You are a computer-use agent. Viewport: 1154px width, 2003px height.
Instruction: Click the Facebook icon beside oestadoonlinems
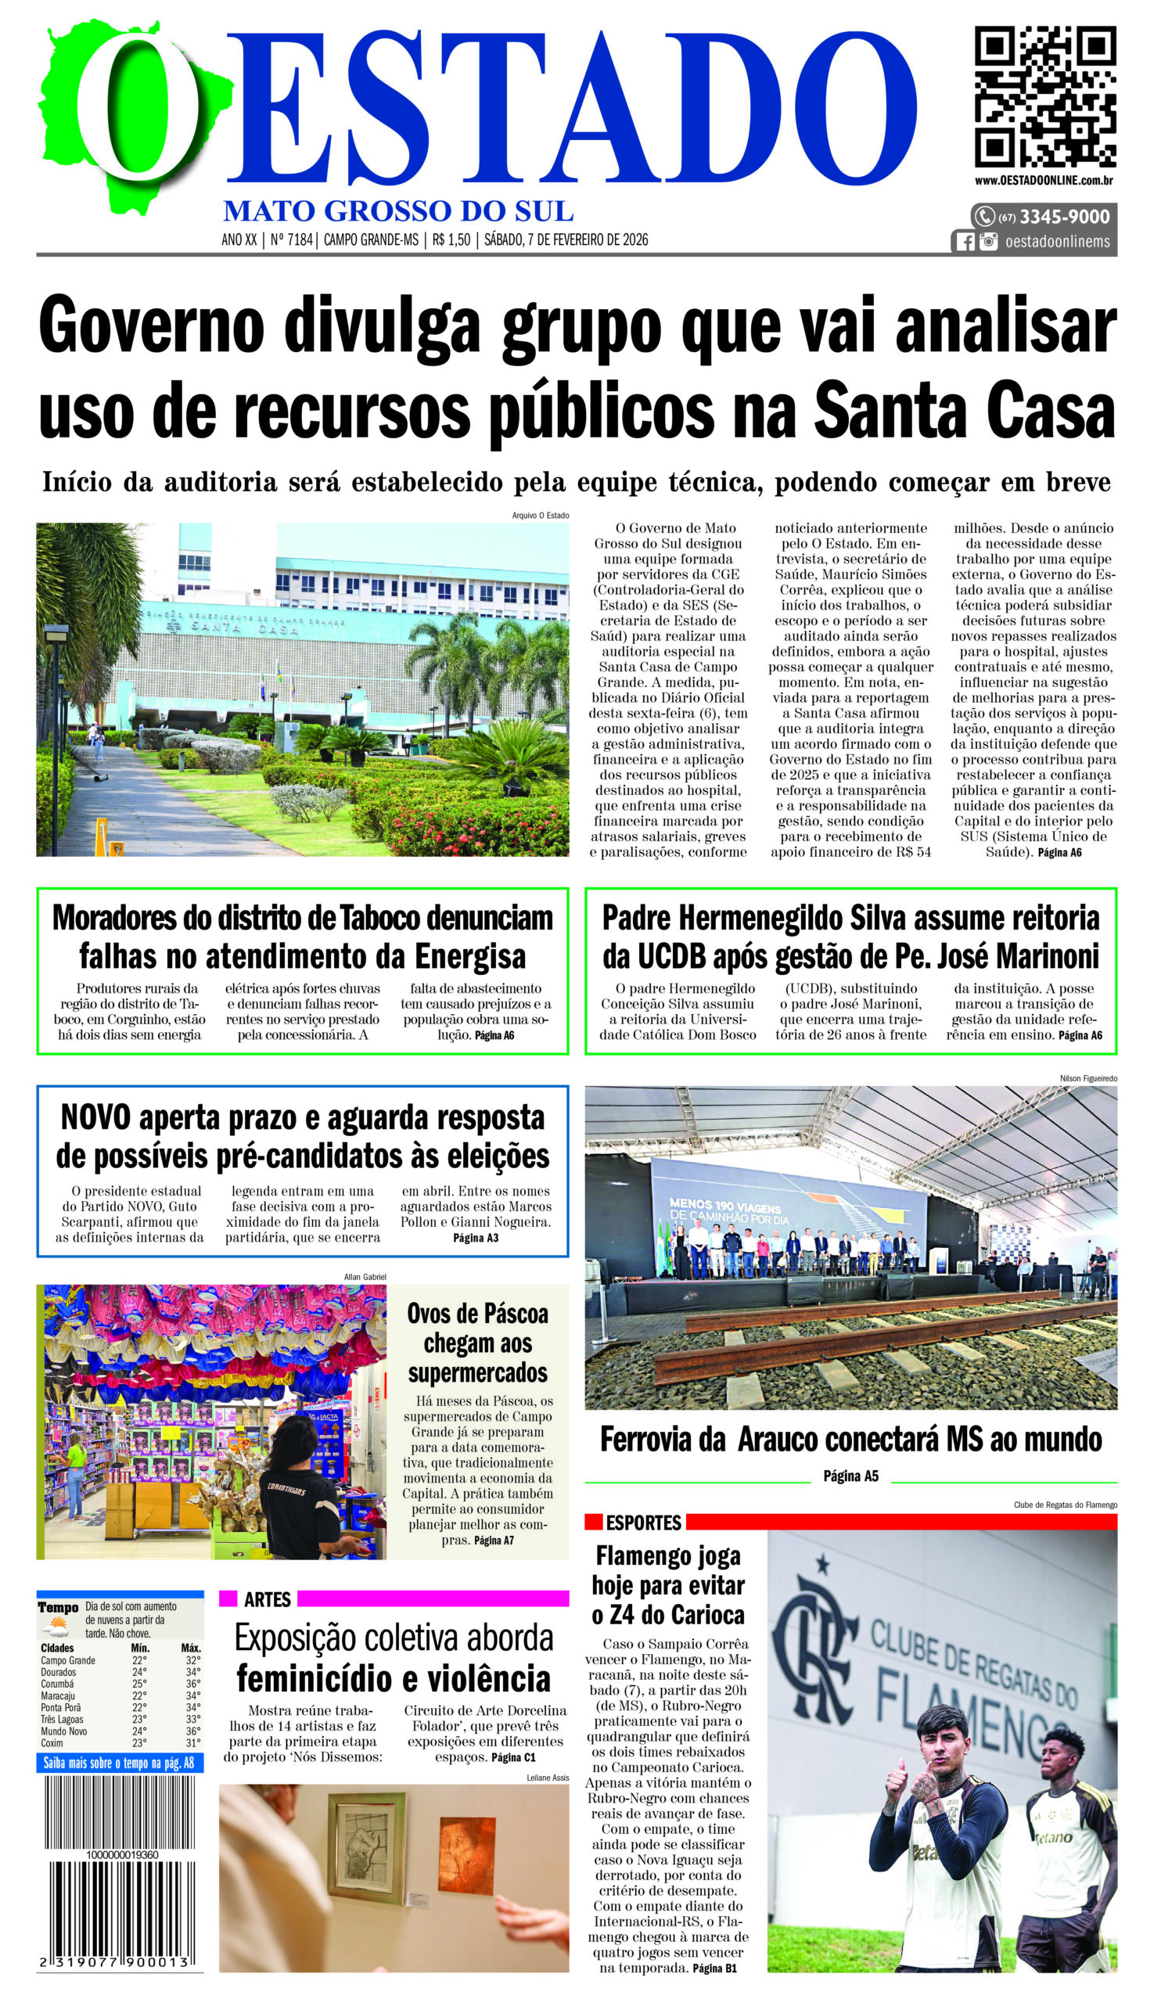point(965,242)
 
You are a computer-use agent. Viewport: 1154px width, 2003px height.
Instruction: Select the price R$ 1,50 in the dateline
point(451,239)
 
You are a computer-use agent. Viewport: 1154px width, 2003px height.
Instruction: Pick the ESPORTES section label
point(643,1523)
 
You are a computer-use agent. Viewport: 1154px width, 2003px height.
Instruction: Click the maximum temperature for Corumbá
point(192,1684)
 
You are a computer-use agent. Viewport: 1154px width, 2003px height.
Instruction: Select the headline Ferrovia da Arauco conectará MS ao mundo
point(850,1439)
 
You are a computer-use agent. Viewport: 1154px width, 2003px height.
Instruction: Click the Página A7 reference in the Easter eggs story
point(493,1540)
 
